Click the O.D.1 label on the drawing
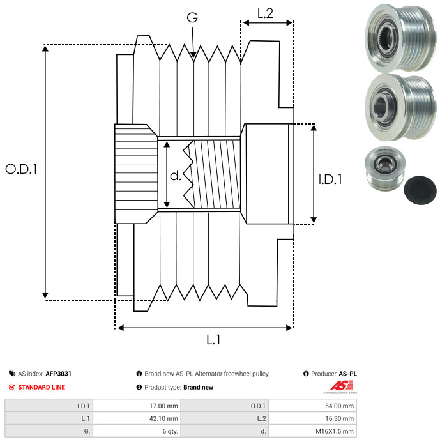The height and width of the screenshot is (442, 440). click(21, 169)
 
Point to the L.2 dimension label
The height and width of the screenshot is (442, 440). click(265, 13)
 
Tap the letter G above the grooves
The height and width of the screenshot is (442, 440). click(192, 17)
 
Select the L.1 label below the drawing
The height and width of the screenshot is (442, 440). click(213, 340)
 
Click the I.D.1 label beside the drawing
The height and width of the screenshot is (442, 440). click(330, 179)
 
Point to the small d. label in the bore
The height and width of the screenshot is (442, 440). click(176, 176)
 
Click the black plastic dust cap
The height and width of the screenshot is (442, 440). click(420, 190)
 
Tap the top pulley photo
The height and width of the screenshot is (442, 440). click(400, 38)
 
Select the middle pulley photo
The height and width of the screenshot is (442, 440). click(400, 107)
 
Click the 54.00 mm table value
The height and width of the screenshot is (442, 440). click(339, 406)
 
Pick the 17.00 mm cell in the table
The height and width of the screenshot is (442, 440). click(163, 406)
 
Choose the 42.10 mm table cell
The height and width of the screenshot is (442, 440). click(163, 418)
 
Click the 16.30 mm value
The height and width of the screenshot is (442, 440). click(339, 418)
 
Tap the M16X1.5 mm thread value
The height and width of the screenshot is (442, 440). click(335, 431)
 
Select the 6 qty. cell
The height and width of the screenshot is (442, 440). click(170, 431)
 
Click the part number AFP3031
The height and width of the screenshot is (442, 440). click(58, 374)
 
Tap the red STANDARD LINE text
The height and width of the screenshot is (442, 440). click(42, 387)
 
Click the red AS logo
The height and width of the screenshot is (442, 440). click(341, 386)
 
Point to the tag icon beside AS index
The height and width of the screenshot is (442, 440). click(12, 374)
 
